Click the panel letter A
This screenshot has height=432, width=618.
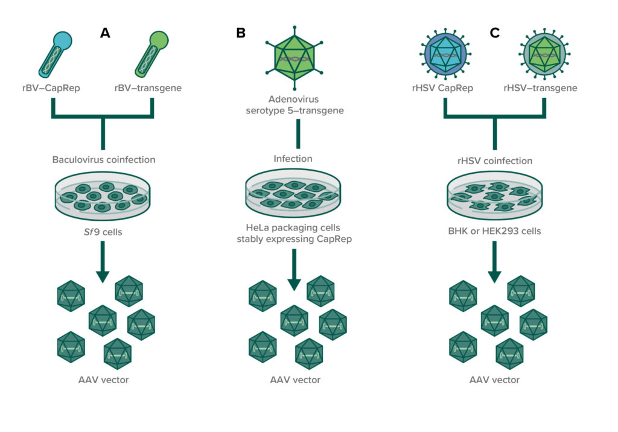click(x=105, y=34)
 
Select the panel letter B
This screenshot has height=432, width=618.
click(x=240, y=34)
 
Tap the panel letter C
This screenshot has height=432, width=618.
click(x=495, y=34)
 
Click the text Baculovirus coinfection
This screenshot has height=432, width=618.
click(x=104, y=160)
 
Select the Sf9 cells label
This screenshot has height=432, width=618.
click(x=104, y=230)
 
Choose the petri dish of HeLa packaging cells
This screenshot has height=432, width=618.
click(x=294, y=195)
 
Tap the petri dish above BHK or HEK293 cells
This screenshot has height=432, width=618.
click(x=494, y=195)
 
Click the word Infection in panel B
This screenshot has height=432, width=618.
click(x=294, y=159)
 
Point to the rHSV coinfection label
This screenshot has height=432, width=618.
click(x=494, y=160)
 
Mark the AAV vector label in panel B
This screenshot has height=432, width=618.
click(x=295, y=380)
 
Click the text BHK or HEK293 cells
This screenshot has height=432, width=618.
click(x=494, y=230)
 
